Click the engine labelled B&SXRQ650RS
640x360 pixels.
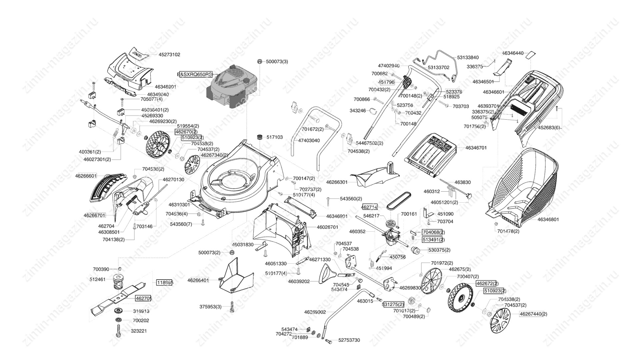click(233, 87)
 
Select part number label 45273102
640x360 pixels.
click(169, 54)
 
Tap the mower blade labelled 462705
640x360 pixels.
click(118, 296)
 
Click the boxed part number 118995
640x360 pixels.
click(165, 283)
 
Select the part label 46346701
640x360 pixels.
click(476, 148)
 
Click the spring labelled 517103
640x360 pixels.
click(260, 137)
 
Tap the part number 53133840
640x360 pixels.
click(468, 58)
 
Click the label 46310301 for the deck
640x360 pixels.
click(179, 205)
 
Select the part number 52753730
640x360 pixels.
click(349, 340)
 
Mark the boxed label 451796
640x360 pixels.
click(386, 82)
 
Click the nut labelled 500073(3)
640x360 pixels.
click(259, 61)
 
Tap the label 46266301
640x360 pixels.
click(337, 182)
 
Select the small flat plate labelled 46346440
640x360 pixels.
click(530, 55)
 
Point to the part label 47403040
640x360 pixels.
click(309, 141)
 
